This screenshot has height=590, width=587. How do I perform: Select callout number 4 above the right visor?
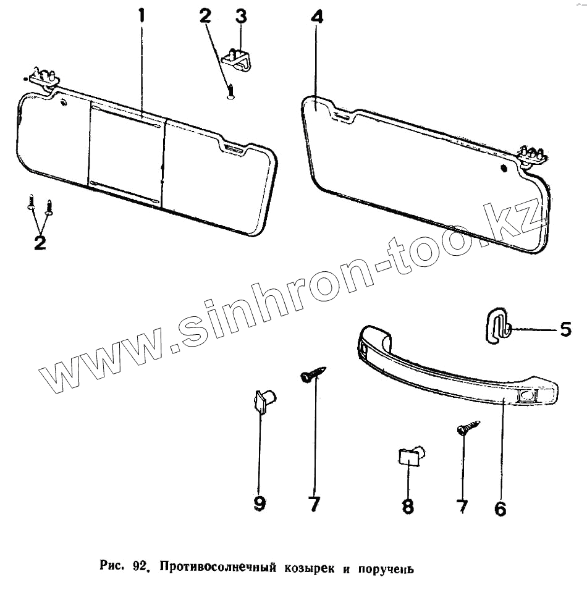[x=316, y=17]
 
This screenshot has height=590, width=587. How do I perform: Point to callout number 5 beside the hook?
[x=565, y=329]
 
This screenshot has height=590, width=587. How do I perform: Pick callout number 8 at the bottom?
[x=408, y=507]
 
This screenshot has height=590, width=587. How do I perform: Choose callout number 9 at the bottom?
[x=260, y=504]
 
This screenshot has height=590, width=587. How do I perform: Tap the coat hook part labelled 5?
[x=497, y=326]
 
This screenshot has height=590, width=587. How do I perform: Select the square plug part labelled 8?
[x=408, y=458]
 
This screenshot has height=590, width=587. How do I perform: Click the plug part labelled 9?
[x=264, y=402]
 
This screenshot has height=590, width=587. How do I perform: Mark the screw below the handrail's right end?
[x=468, y=428]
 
